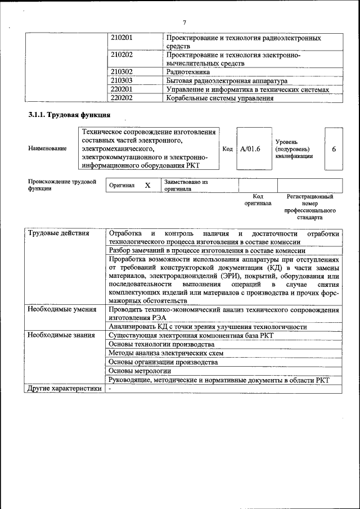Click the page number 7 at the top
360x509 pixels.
click(184, 22)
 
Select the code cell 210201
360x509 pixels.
click(122, 38)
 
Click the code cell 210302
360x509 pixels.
click(122, 72)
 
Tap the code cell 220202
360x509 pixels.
click(122, 98)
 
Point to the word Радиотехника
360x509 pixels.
click(188, 72)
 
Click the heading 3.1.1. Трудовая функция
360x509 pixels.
click(69, 115)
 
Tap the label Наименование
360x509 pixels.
click(47, 148)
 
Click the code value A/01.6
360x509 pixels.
click(250, 149)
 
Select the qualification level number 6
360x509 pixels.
click(334, 149)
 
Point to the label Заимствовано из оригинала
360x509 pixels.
click(186, 186)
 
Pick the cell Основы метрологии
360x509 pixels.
click(139, 371)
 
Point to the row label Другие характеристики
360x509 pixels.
click(65, 388)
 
